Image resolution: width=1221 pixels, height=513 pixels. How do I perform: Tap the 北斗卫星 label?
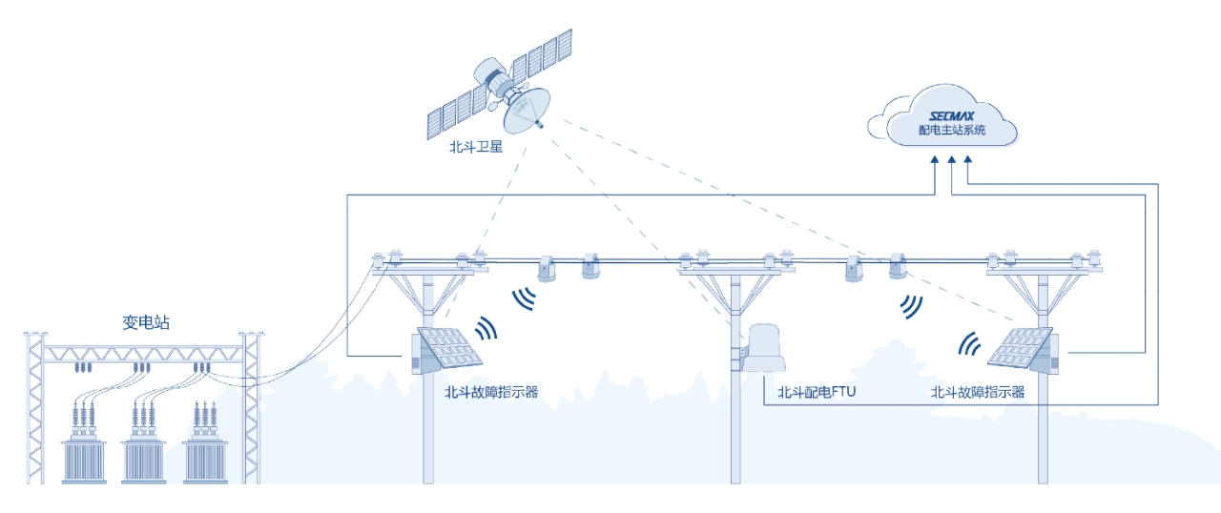476,148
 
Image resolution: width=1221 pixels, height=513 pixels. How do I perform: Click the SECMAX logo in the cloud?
950,114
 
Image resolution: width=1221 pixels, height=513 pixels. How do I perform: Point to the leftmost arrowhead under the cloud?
935,166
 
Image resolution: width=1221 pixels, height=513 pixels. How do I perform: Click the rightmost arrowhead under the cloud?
967,166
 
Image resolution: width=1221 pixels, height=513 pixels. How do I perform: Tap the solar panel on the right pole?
1019,348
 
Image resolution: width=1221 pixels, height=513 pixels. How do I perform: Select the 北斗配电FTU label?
816,392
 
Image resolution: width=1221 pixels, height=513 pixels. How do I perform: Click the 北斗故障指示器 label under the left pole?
491,392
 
